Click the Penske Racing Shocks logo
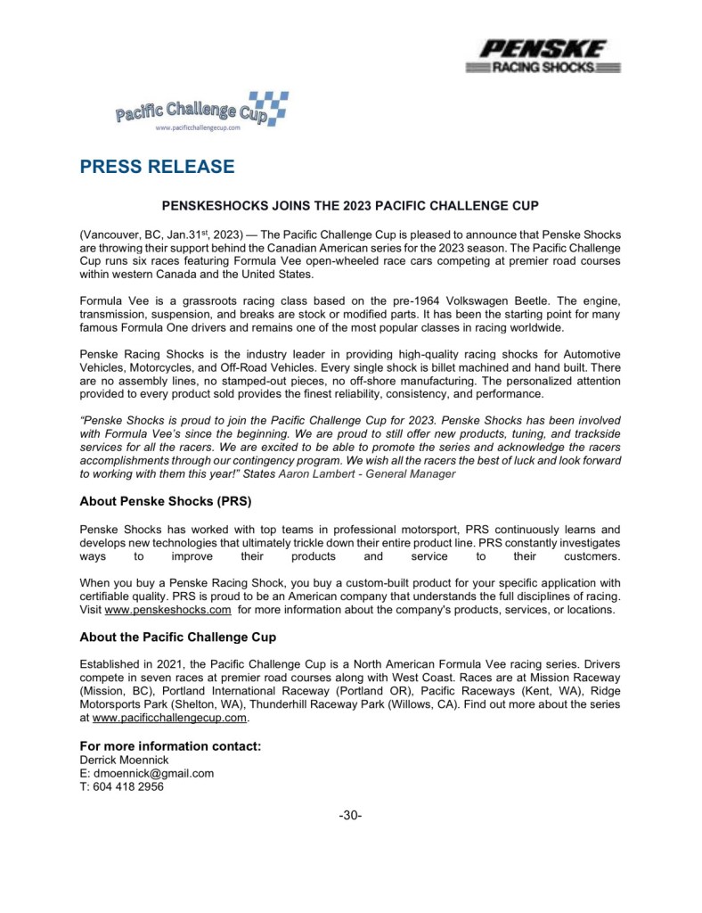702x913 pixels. click(543, 56)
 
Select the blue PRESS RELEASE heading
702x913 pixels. click(157, 167)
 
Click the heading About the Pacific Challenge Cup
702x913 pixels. click(177, 637)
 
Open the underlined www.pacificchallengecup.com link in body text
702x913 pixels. click(168, 716)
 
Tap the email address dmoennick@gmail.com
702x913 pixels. click(147, 773)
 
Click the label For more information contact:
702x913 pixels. click(170, 745)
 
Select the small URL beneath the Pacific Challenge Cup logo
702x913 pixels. click(198, 128)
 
